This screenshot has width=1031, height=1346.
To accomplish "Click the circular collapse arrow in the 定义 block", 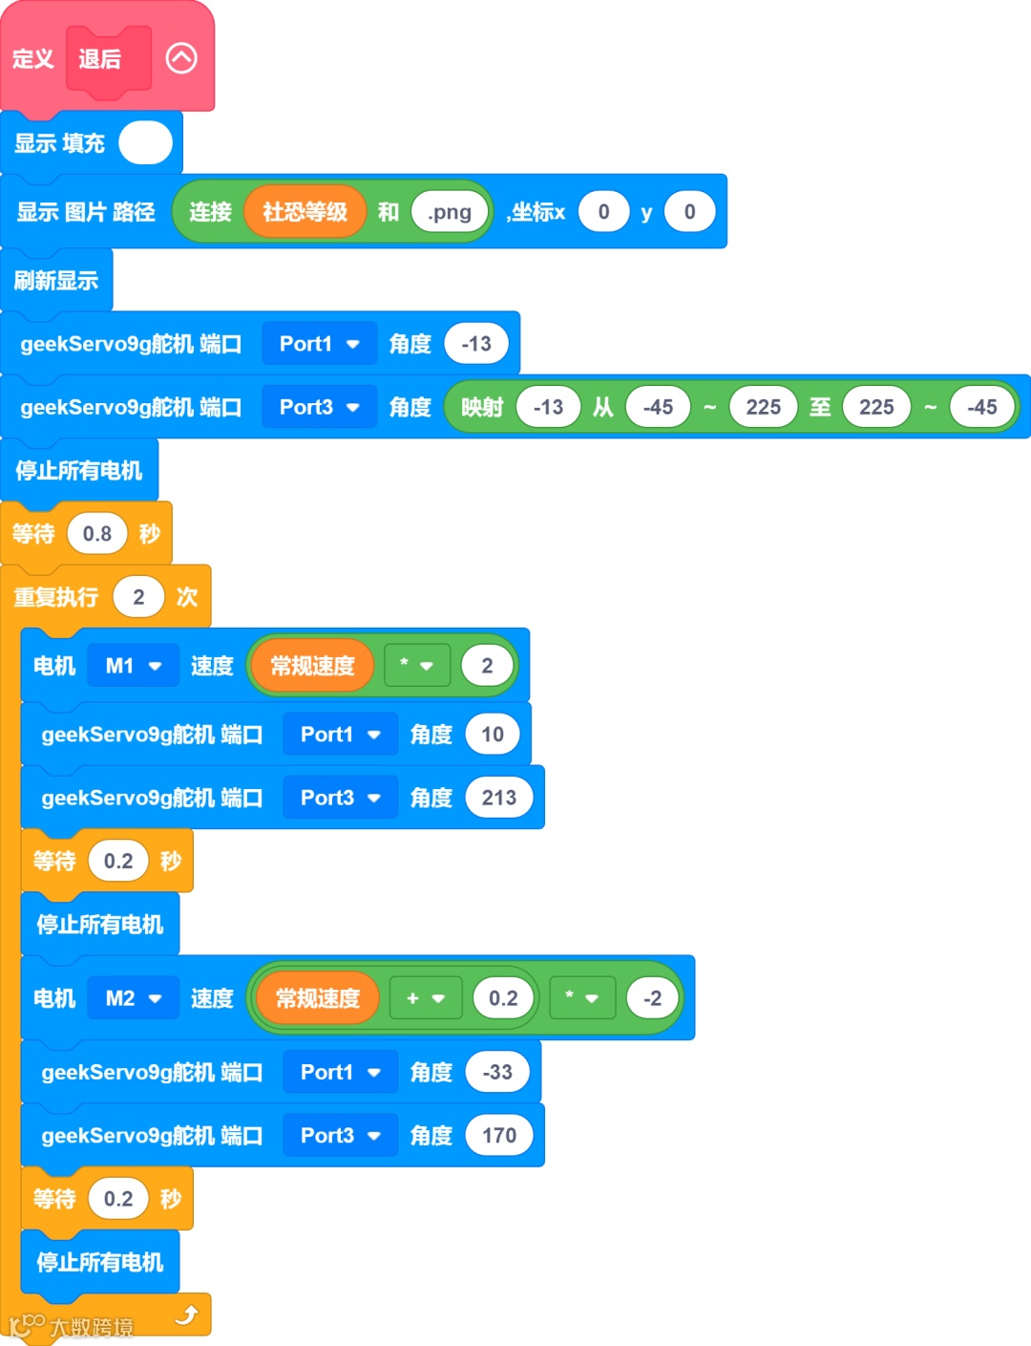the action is tap(181, 58).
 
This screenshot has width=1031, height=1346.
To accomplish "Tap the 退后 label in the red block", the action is tap(100, 59).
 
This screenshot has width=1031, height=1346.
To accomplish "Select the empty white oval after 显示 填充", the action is tap(145, 143).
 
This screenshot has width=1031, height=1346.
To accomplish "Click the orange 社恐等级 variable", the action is tap(305, 212).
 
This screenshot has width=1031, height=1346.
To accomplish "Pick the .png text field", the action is tap(450, 212).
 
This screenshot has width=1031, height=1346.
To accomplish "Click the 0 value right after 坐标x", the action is tap(603, 212).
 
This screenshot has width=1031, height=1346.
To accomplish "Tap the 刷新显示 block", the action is tap(56, 281).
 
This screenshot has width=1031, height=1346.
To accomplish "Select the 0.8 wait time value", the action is tap(97, 534).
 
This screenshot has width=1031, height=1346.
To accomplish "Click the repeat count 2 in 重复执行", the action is tap(138, 597).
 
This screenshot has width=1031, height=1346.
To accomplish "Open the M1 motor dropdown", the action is tap(133, 666).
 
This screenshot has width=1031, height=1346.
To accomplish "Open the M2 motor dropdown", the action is tap(133, 998).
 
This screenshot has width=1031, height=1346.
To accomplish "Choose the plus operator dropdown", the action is tap(425, 998).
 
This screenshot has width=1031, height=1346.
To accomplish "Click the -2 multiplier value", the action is tap(652, 998).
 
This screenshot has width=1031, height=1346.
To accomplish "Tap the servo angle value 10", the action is tap(493, 735).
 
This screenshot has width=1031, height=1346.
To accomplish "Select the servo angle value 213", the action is tap(498, 798).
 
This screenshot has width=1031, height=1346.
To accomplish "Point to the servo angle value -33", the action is tap(497, 1072).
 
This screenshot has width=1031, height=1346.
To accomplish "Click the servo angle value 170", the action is tap(498, 1135).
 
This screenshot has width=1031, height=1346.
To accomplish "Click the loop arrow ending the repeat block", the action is tap(186, 1315).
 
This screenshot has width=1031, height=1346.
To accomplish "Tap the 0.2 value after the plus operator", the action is tap(503, 998).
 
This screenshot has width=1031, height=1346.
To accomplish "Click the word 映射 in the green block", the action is tap(482, 407).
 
